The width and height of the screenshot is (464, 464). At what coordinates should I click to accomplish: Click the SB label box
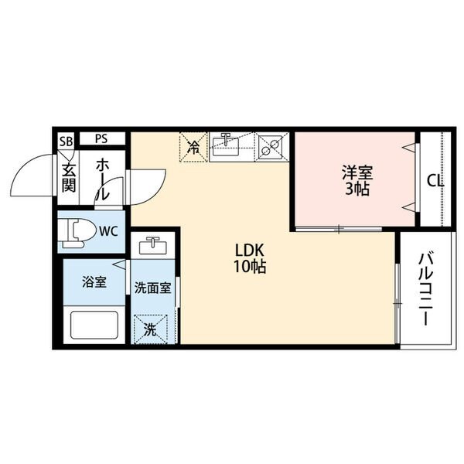[66, 140]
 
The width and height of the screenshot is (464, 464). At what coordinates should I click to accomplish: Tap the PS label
[101, 139]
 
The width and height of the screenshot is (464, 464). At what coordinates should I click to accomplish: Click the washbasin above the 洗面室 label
[152, 247]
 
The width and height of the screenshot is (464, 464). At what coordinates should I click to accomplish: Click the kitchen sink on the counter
[228, 145]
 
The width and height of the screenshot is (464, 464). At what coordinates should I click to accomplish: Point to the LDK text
[250, 251]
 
